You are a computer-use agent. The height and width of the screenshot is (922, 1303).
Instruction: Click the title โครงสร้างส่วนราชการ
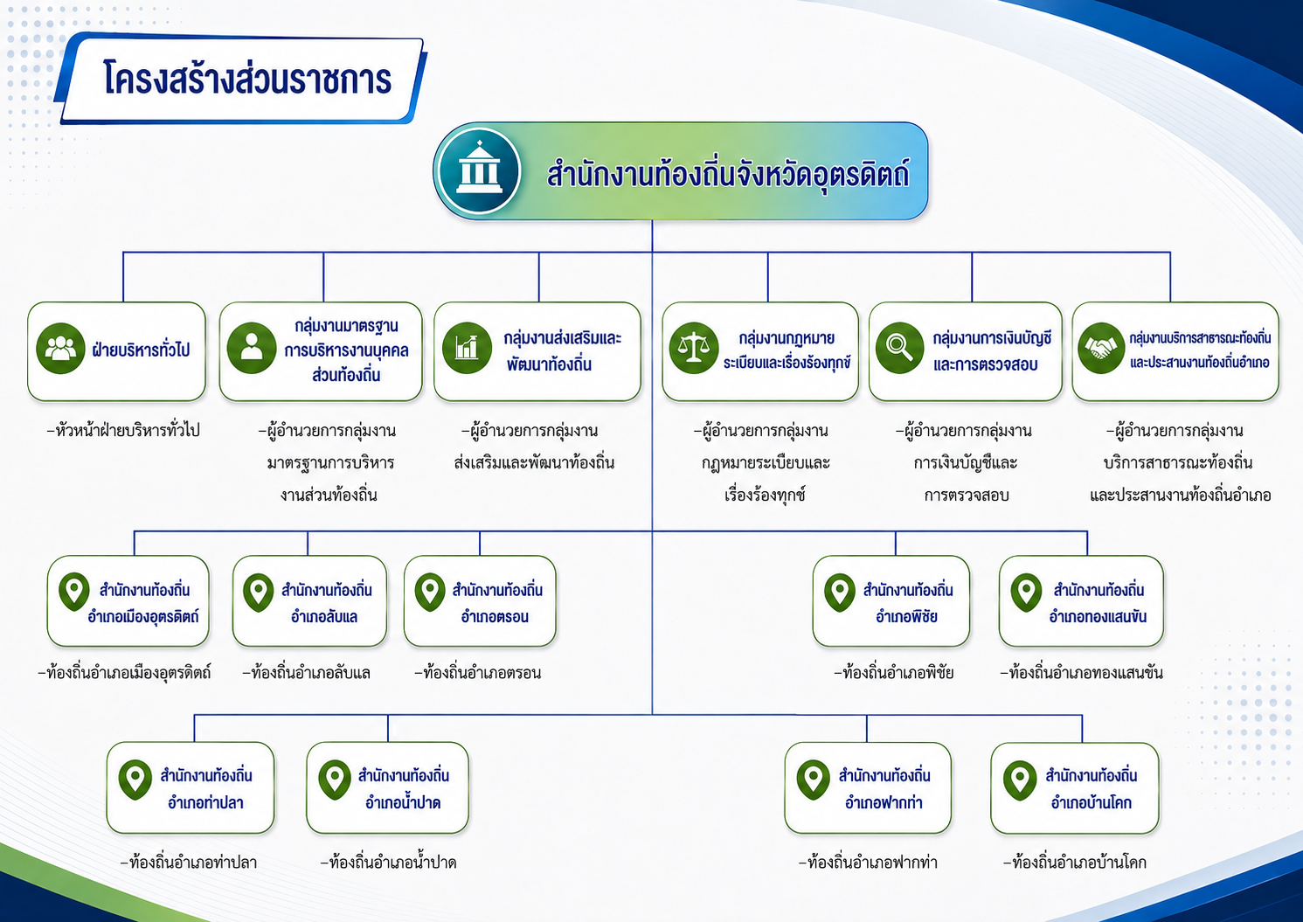(x=247, y=80)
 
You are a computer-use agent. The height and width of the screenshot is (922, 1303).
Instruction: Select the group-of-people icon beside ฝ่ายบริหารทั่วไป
(x=60, y=349)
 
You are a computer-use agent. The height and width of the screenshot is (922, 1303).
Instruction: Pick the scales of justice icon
(x=693, y=348)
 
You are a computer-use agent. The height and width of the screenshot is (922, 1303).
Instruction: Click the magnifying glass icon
(x=899, y=348)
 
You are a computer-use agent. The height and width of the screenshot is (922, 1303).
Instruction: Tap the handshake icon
(x=1100, y=348)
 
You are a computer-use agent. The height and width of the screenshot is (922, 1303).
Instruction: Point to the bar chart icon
(x=467, y=348)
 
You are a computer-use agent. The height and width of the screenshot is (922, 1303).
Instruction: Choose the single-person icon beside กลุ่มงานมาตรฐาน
(x=252, y=348)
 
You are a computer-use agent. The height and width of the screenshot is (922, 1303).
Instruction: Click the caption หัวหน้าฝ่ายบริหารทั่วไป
(x=123, y=431)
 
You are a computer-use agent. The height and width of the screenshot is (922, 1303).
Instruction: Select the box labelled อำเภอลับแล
(x=309, y=601)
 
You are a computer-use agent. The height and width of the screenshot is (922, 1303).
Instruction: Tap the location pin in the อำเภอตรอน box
(x=430, y=593)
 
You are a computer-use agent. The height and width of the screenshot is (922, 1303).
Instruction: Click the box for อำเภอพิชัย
(x=891, y=601)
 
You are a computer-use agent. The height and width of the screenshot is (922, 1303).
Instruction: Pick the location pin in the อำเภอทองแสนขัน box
(x=1026, y=593)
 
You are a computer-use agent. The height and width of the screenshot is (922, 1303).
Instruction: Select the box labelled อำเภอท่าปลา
(x=191, y=787)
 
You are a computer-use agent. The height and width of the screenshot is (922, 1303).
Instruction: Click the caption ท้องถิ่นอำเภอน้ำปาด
(x=389, y=862)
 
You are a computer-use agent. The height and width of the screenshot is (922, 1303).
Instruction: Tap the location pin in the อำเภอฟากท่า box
(x=813, y=780)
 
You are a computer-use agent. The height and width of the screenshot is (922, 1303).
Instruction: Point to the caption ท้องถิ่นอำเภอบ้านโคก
(x=1075, y=862)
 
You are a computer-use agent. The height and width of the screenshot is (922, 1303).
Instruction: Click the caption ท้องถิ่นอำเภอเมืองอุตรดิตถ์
(x=124, y=672)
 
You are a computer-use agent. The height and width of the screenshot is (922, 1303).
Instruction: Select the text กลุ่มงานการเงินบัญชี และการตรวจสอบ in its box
(x=992, y=350)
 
